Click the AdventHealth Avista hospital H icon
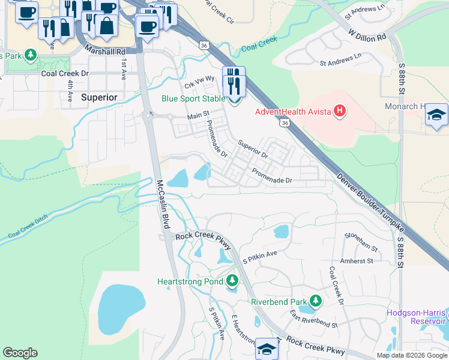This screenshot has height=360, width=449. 340,111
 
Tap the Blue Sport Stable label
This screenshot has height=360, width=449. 193,99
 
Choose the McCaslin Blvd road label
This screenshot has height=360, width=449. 161,203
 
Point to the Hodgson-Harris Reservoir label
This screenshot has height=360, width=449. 417,317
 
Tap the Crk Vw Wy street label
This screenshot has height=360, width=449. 199,81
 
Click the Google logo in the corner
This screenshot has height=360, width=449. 20,353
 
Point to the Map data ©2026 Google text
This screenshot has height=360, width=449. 412,355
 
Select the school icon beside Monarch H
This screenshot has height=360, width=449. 436,115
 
